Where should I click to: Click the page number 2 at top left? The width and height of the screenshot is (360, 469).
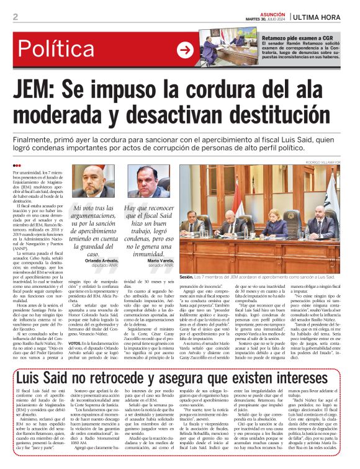(15, 17)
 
